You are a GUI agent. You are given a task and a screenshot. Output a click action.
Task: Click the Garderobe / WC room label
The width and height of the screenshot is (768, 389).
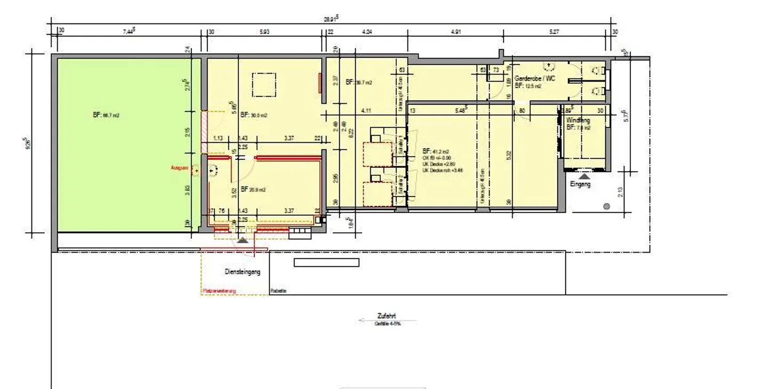[x=535, y=78]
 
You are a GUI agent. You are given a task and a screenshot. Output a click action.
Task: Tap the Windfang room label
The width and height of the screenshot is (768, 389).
[x=578, y=120]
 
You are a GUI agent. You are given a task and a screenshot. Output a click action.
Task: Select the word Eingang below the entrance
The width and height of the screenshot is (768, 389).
[x=580, y=184]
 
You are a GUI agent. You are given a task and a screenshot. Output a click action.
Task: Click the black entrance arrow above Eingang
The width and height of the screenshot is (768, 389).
[x=585, y=175]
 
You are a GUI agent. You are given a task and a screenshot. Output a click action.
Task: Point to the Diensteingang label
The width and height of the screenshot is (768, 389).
[x=243, y=272]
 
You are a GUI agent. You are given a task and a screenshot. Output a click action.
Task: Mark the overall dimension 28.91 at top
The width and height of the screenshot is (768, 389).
[x=331, y=19]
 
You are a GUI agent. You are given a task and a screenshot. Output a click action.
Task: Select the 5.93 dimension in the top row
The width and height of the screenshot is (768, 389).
[x=265, y=32]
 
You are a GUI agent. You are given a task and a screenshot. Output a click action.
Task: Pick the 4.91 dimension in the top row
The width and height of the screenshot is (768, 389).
[x=455, y=32]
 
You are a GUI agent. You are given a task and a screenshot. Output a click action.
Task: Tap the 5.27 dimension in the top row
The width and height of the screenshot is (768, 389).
[x=555, y=32]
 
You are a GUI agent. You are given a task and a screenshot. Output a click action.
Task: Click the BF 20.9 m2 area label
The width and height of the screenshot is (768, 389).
[x=254, y=189]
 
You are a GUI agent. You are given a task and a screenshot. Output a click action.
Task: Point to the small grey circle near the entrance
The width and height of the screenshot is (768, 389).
[x=606, y=206]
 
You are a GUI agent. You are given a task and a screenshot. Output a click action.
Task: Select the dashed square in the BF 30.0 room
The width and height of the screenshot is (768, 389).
[x=263, y=85]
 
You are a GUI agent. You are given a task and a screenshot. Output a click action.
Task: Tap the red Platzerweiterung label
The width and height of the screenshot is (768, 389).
[x=219, y=291]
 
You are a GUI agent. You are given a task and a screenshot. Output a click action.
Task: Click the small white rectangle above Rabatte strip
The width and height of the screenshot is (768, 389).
[x=326, y=262]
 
